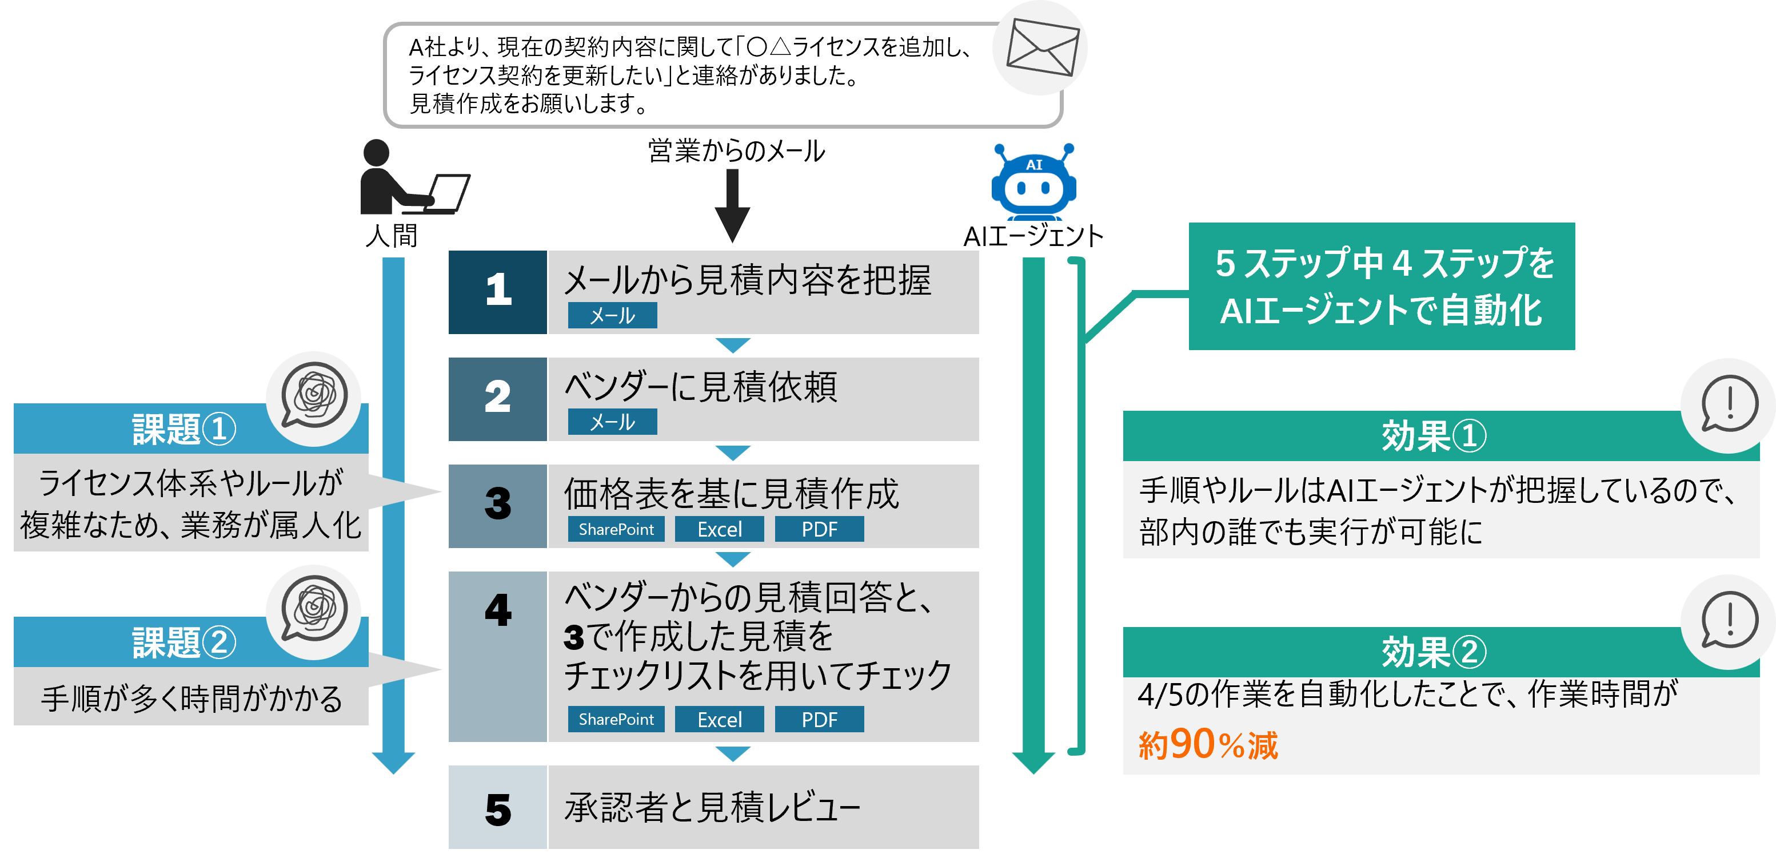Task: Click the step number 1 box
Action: (498, 292)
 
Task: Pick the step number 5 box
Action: (498, 807)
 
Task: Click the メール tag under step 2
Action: (612, 422)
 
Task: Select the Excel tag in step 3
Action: (719, 529)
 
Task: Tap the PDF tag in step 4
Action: (819, 720)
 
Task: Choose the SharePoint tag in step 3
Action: (616, 529)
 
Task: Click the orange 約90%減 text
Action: (1208, 745)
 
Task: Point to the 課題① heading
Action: (183, 429)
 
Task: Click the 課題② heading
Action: (183, 643)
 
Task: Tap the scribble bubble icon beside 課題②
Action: (314, 612)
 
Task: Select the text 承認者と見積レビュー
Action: (712, 807)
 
